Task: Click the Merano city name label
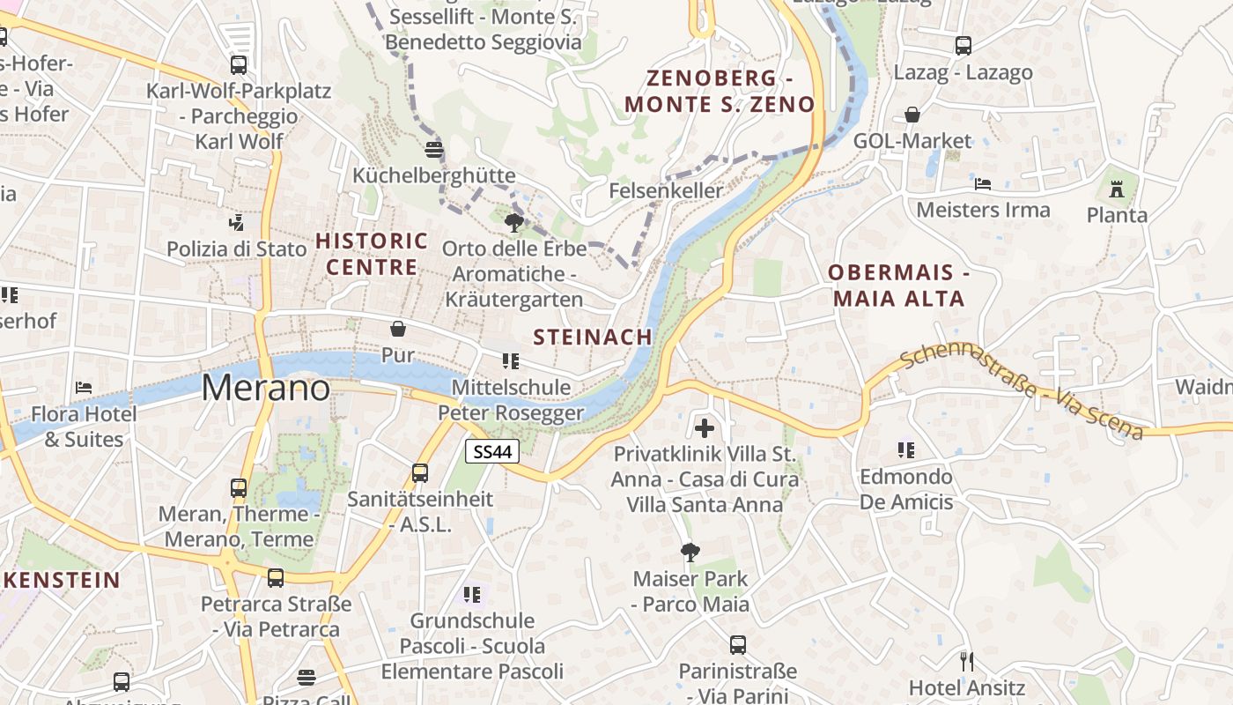(x=266, y=388)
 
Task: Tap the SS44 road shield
(x=492, y=452)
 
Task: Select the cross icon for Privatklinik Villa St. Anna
(x=705, y=429)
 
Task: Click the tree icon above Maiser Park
(x=690, y=553)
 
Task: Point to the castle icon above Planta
(x=1117, y=189)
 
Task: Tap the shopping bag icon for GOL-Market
(x=912, y=115)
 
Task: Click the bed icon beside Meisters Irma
(x=983, y=184)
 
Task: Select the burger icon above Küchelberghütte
(x=433, y=149)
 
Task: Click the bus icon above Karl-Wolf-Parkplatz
(x=239, y=64)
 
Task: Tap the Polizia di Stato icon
(x=236, y=222)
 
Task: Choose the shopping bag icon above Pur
(x=398, y=330)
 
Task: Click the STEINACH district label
(x=593, y=337)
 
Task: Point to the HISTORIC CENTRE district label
(x=372, y=254)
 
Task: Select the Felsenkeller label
(x=666, y=190)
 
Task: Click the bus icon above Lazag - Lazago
(x=964, y=46)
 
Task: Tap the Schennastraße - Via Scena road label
(x=1022, y=391)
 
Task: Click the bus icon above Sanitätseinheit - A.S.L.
(x=420, y=472)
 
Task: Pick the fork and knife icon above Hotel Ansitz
(x=967, y=661)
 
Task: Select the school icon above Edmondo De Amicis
(x=906, y=450)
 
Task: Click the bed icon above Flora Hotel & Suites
(x=84, y=387)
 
